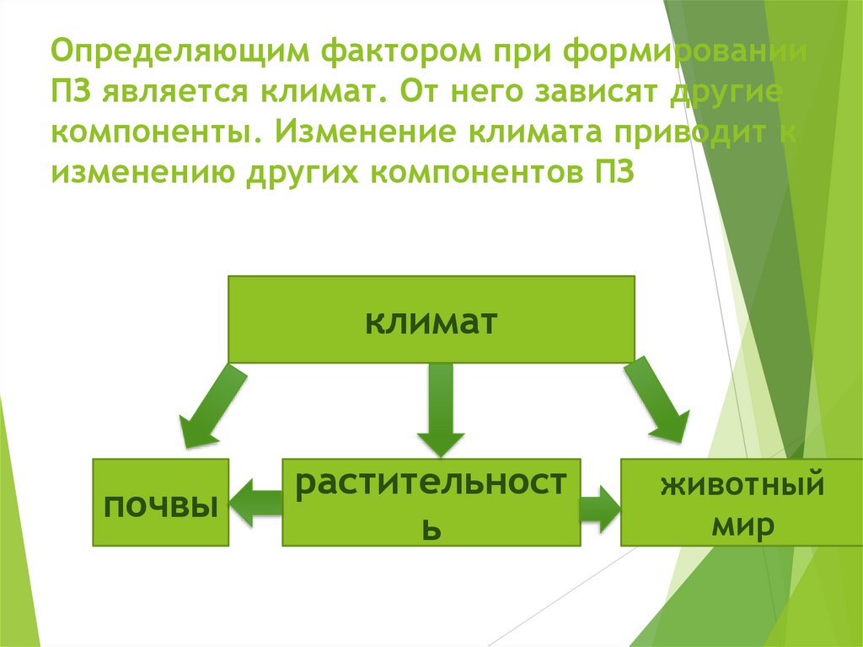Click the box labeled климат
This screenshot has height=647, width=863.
431,321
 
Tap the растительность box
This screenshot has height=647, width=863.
431,502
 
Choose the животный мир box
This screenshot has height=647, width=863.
722,502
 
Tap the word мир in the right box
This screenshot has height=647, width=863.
741,526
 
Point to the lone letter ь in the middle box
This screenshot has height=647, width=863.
431,531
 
